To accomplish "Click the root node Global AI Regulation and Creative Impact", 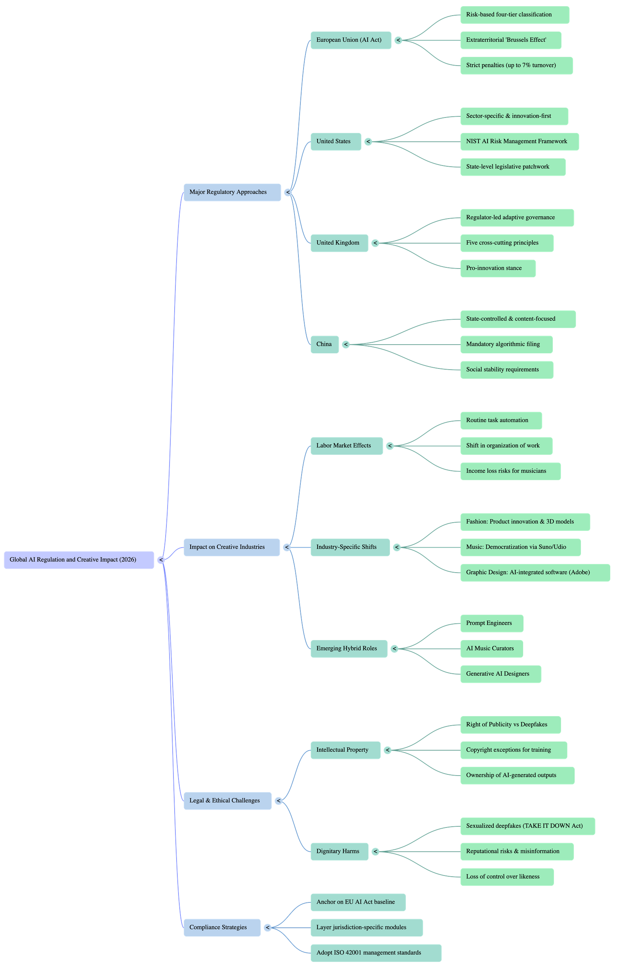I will pos(79,560).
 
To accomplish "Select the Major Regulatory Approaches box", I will pos(232,192).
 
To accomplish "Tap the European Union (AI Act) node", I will pos(350,40).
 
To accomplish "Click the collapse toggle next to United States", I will pos(368,142).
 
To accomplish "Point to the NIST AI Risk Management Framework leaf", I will pos(519,142).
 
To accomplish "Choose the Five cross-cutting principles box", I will pos(507,243).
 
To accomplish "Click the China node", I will pos(324,344).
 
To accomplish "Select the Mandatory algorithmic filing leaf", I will pos(506,344).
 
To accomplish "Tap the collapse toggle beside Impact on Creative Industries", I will pos(287,547).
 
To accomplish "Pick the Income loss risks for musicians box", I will pos(510,471).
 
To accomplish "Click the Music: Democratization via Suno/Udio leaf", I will pos(520,547).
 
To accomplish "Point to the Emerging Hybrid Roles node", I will pos(348,648).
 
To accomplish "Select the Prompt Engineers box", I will pos(491,623).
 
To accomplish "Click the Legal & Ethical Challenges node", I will pos(227,801).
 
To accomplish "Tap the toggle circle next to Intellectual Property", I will pos(387,750).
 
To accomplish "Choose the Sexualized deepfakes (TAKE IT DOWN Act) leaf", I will pos(527,826).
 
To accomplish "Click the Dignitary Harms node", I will pos(339,851).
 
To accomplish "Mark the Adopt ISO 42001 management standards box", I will pos(375,953).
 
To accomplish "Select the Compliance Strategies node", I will pos(221,927).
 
